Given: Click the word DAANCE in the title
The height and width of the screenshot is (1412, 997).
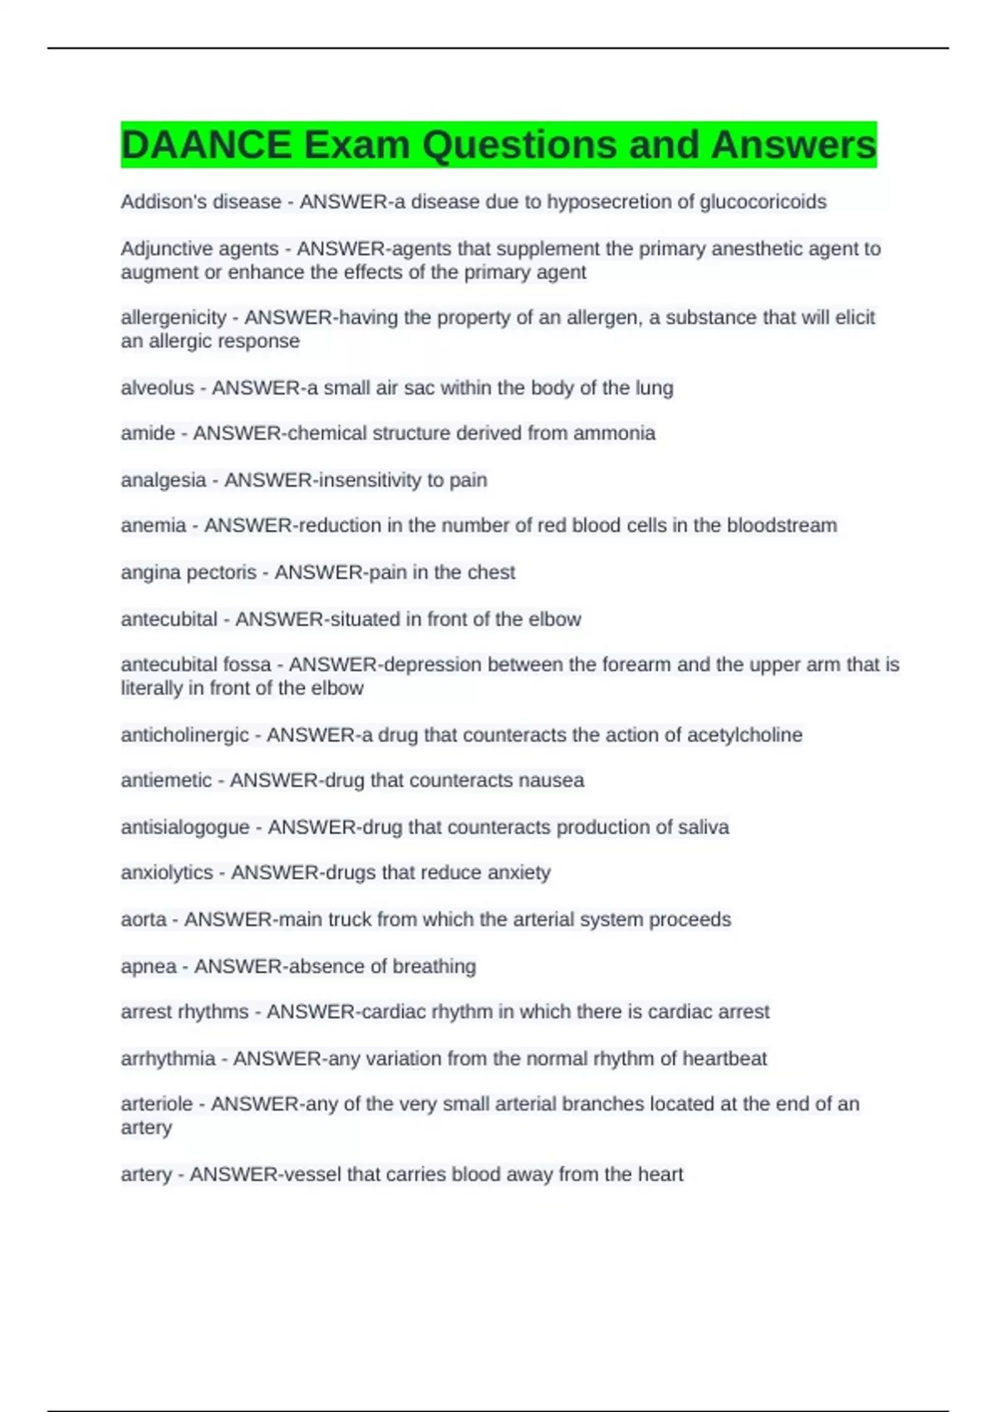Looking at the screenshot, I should pos(206,145).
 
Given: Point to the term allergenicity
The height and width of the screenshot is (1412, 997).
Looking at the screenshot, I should pos(173,317).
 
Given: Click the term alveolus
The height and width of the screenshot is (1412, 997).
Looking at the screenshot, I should pos(157,388).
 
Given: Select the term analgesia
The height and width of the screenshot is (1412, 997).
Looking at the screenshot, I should pos(163,480).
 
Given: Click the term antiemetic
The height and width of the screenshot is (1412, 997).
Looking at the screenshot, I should pos(166,781).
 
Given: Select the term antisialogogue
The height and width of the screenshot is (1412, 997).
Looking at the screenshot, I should pos(184,827).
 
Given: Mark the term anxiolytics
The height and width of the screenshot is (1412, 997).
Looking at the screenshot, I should pos(167,873).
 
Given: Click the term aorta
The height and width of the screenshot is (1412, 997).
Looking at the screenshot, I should pos(144,919).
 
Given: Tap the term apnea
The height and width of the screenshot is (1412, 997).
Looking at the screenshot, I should pos(149,966).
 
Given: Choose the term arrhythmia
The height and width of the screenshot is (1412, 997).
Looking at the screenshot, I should pos(168,1059).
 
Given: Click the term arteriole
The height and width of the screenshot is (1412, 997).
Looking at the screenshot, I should pos(156,1104).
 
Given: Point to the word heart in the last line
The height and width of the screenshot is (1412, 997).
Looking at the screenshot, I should pos(660,1174).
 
